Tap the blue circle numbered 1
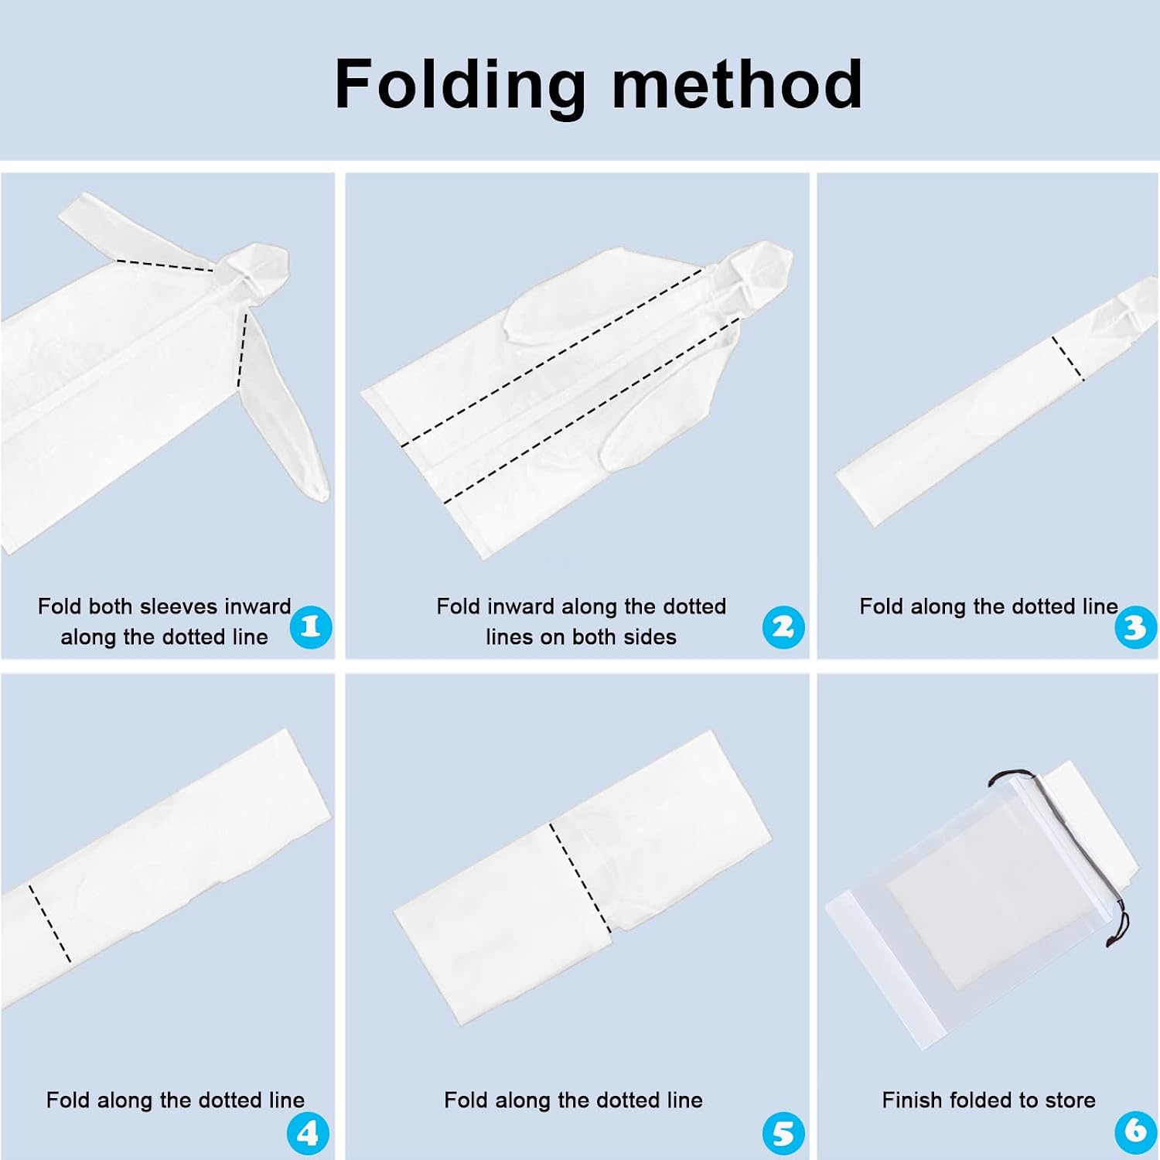pyautogui.click(x=311, y=626)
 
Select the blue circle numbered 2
pyautogui.click(x=783, y=626)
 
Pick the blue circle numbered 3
pyautogui.click(x=1135, y=626)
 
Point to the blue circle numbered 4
pyautogui.click(x=308, y=1134)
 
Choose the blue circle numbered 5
pyautogui.click(x=783, y=1134)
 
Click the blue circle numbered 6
pyautogui.click(x=1135, y=1131)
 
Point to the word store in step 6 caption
pyautogui.click(x=1070, y=1100)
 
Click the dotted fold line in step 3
pyautogui.click(x=1068, y=359)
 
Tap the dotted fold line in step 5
pyautogui.click(x=580, y=878)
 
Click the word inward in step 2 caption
pyautogui.click(x=522, y=606)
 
